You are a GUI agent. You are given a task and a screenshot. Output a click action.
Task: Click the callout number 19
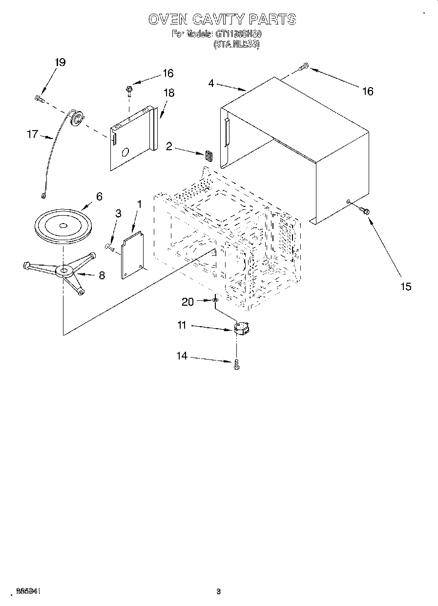[60, 63]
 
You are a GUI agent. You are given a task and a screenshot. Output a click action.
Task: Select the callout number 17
[32, 134]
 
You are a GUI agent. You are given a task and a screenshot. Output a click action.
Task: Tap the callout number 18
[169, 93]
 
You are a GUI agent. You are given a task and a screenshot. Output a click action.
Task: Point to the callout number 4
[211, 83]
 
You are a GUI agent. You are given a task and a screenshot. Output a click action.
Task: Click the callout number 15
[406, 286]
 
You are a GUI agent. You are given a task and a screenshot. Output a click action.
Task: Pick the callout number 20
[188, 302]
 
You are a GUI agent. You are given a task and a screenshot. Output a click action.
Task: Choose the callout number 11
[182, 325]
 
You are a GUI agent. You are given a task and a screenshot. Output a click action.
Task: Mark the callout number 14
[182, 356]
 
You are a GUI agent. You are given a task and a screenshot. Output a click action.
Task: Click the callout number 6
[99, 196]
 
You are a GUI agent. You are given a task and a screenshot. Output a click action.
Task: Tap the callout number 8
[102, 275]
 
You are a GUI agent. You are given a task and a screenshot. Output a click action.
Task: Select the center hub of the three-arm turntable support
[63, 270]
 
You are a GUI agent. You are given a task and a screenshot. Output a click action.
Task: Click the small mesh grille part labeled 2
[209, 156]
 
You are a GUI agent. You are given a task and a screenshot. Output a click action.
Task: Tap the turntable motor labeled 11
[241, 328]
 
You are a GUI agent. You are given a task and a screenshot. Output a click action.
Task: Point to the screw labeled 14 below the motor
[237, 364]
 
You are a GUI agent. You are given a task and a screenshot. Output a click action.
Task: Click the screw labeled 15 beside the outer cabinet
[364, 210]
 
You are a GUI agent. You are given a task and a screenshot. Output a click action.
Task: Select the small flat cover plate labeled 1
[133, 254]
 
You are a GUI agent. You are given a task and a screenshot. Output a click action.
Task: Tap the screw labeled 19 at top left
[39, 99]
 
